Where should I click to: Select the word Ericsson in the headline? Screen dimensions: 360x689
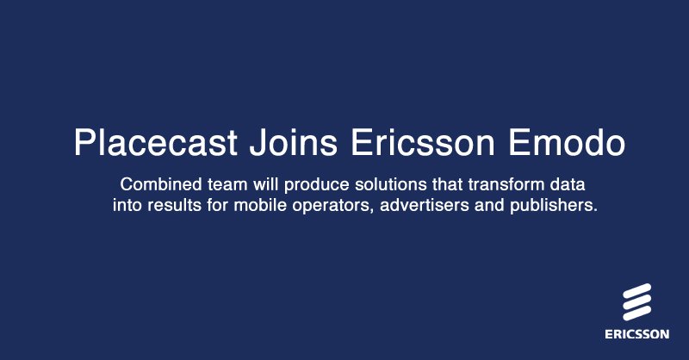coord(417,142)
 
